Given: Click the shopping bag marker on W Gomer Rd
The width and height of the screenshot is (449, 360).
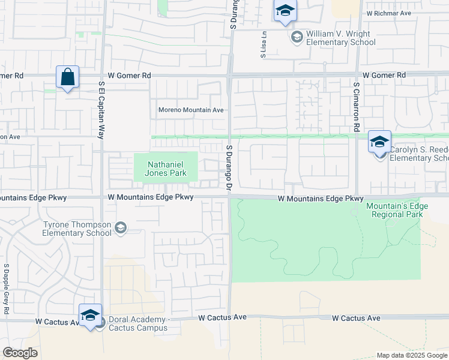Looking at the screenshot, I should click(x=67, y=77).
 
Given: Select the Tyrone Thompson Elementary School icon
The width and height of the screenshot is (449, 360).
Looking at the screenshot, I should click(x=121, y=227).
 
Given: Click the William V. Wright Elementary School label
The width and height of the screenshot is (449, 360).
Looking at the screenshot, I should click(x=340, y=38).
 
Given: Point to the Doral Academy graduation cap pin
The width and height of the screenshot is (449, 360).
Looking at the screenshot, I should click(x=90, y=316).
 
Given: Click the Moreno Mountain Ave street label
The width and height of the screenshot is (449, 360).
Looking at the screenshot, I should click(x=191, y=110).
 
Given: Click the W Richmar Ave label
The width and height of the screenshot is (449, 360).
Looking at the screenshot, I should click(x=388, y=13).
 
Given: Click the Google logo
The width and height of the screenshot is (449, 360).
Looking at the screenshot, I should click(x=20, y=353).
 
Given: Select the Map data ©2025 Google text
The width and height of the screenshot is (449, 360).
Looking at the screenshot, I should click(x=412, y=355).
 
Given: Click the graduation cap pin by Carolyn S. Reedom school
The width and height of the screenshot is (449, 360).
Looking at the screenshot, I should click(x=379, y=142).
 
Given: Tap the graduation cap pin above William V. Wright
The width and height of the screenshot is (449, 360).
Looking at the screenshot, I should click(x=285, y=11).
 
